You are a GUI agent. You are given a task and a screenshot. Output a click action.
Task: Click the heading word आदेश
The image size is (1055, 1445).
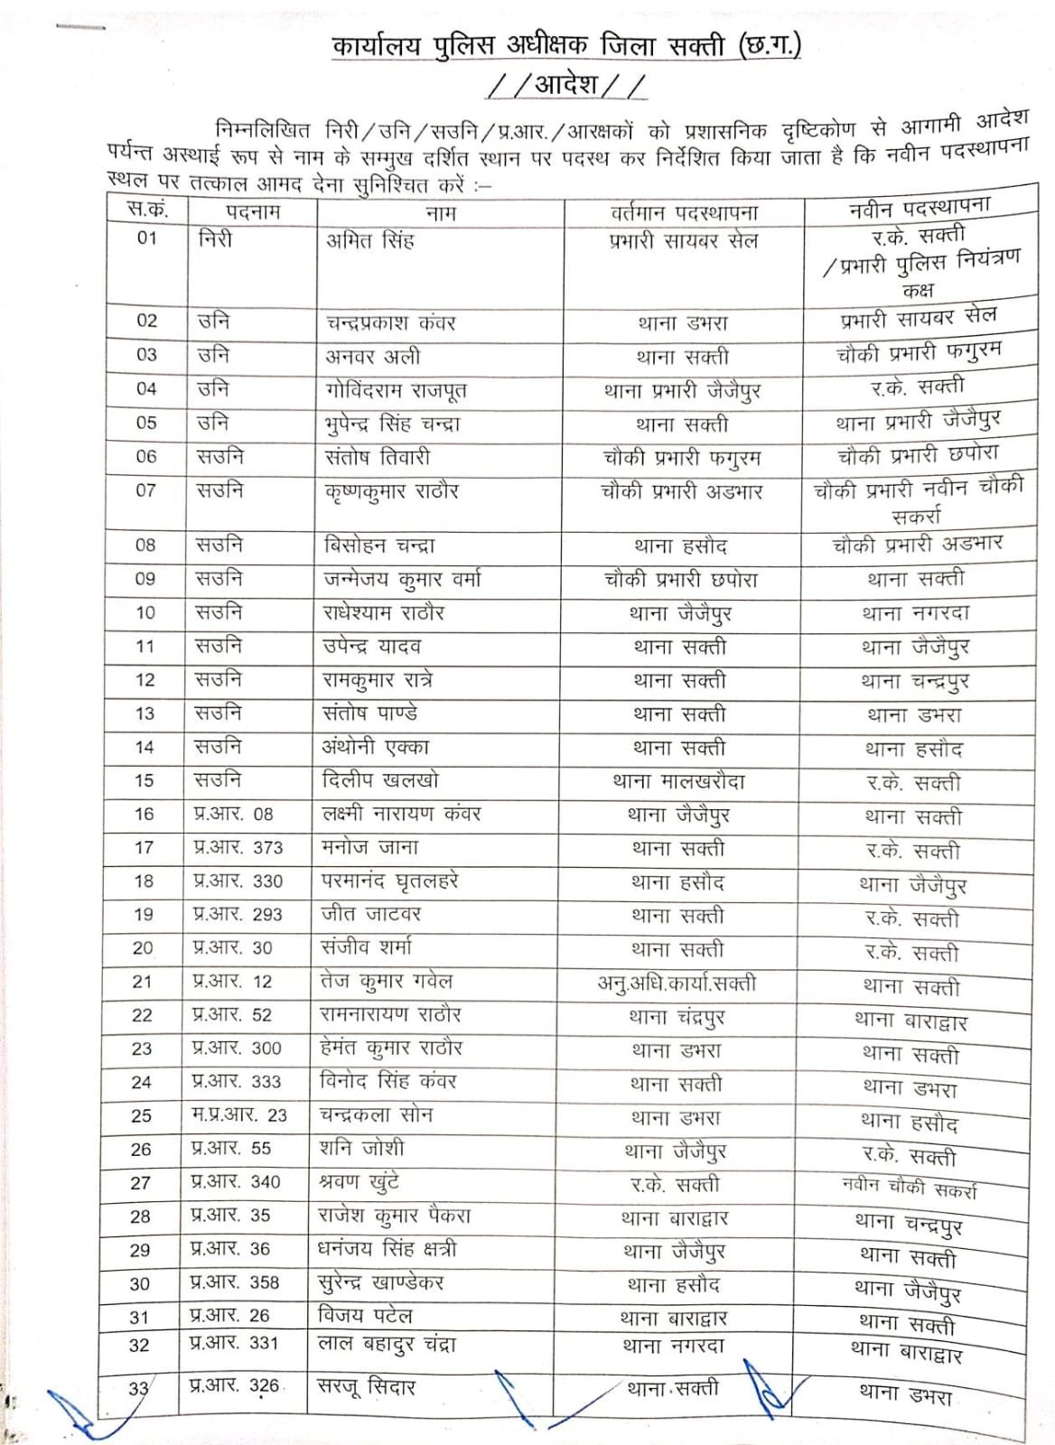coord(566,84)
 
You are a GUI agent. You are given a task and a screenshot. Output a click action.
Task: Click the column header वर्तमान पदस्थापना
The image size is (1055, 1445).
coord(684,213)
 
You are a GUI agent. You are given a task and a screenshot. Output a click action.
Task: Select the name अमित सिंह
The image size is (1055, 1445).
coord(369,240)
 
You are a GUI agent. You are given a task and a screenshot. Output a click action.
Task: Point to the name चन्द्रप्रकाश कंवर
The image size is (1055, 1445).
coord(390,322)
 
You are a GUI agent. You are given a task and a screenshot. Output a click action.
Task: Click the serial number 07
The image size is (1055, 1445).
coord(145,490)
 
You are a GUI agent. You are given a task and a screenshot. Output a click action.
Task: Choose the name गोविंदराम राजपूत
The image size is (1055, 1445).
coord(396,390)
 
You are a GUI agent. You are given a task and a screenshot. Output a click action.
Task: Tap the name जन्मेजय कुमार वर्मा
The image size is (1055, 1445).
coord(402,579)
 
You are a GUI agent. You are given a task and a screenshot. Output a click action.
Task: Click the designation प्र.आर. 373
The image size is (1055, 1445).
coord(238,847)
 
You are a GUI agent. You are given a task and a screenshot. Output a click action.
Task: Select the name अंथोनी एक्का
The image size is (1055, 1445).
coord(376,747)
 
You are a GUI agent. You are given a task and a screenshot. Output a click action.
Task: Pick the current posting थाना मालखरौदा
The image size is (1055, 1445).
coord(678,781)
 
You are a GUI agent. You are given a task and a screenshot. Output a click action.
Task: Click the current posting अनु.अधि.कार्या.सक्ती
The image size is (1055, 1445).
coord(677,983)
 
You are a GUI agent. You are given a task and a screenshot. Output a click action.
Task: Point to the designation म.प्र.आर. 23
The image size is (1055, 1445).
coord(238,1115)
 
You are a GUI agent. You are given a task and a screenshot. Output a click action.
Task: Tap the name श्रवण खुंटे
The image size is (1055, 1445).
coord(359,1182)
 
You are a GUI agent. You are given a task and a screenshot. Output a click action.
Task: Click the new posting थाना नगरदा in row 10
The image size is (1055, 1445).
coord(915,614)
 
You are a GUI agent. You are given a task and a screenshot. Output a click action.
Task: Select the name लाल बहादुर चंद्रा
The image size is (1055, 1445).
coord(387,1344)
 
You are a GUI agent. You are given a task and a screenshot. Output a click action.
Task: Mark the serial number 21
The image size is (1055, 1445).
coord(142,982)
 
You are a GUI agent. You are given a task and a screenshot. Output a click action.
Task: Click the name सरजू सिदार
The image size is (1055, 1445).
coord(366,1386)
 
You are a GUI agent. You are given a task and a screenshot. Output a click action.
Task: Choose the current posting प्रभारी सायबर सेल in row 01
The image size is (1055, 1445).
coord(683,241)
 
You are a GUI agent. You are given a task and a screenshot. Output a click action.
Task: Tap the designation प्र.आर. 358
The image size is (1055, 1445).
coord(235,1282)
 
